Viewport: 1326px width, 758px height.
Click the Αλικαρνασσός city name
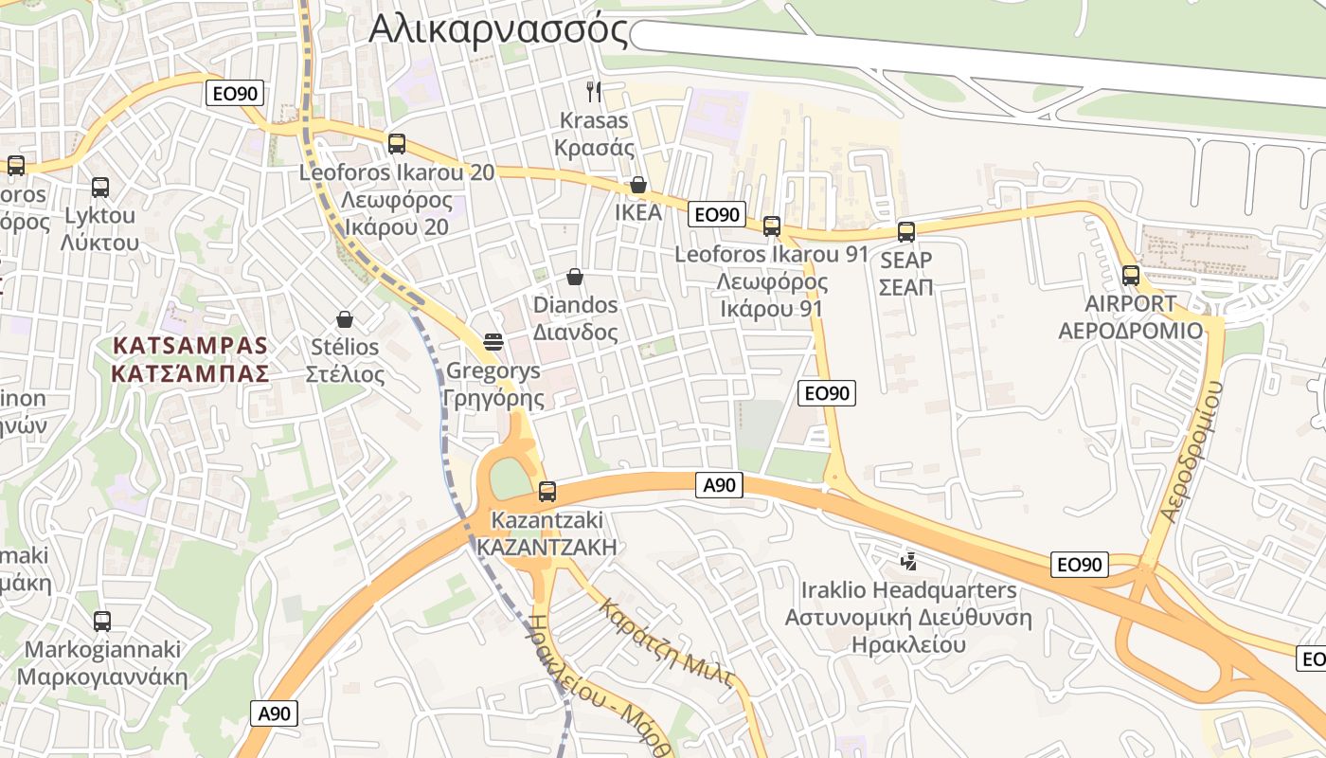pyautogui.click(x=498, y=29)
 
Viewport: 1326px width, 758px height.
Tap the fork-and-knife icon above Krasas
pyautogui.click(x=594, y=91)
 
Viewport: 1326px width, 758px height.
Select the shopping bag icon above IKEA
pyautogui.click(x=638, y=185)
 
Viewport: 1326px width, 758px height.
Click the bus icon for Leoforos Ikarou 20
pyautogui.click(x=397, y=144)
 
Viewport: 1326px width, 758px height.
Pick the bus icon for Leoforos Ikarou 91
pyautogui.click(x=772, y=226)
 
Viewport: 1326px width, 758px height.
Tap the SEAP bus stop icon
pyautogui.click(x=906, y=232)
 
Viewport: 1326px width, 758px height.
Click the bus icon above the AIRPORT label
pyautogui.click(x=1131, y=276)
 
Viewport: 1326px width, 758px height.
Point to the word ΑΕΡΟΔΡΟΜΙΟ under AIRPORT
pyautogui.click(x=1130, y=332)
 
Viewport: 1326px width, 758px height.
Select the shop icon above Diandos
pyautogui.click(x=575, y=277)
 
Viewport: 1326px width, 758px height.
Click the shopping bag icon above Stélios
pyautogui.click(x=345, y=319)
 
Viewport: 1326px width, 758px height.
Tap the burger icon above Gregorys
pyautogui.click(x=493, y=341)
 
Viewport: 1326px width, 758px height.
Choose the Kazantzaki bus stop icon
pyautogui.click(x=547, y=492)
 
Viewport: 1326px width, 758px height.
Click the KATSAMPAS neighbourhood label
pyautogui.click(x=190, y=345)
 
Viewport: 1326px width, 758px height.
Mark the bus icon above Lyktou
pyautogui.click(x=100, y=188)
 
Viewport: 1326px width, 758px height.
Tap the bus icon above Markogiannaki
pyautogui.click(x=102, y=622)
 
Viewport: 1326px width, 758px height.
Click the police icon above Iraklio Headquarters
pyautogui.click(x=908, y=562)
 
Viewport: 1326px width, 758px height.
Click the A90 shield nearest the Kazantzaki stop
pyautogui.click(x=719, y=486)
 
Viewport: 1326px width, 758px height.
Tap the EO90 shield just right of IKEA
pyautogui.click(x=717, y=215)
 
